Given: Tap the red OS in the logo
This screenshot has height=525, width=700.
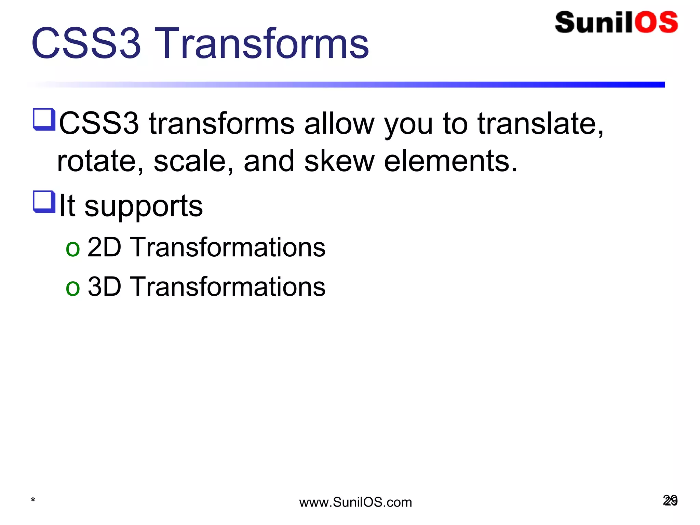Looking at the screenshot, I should [x=657, y=23].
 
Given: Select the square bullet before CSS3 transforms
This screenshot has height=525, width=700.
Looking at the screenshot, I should [x=44, y=119].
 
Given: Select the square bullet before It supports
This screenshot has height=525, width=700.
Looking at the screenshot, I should [x=44, y=202].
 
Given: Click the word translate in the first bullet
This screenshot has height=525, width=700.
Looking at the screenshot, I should [x=540, y=124].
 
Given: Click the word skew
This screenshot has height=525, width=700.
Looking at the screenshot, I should [x=339, y=161].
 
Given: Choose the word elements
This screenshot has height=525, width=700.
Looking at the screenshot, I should [x=450, y=161].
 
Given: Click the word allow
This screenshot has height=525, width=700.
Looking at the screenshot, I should [x=339, y=124].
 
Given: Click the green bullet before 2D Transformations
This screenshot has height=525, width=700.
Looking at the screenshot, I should [x=72, y=248].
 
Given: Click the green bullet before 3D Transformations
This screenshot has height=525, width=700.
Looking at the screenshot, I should [x=72, y=288].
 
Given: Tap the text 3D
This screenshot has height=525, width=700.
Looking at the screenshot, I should [x=104, y=286].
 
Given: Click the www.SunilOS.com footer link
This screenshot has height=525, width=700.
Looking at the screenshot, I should [x=355, y=502].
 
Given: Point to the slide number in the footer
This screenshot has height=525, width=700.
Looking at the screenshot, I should [x=670, y=500].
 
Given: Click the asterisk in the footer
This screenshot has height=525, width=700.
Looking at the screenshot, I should [x=33, y=500].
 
